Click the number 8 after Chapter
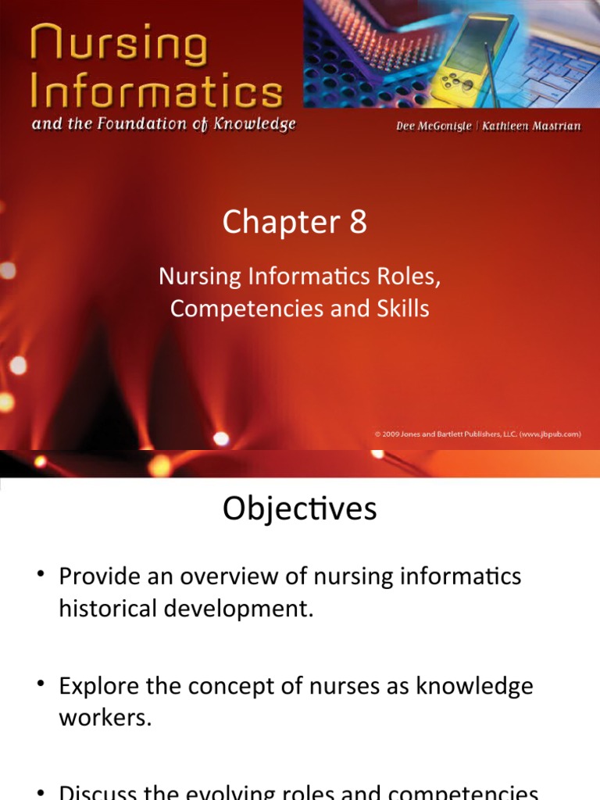tap(357, 223)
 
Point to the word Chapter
tap(280, 223)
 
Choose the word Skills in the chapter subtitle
tap(402, 309)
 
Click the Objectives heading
tap(299, 509)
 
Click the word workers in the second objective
tap(105, 718)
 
